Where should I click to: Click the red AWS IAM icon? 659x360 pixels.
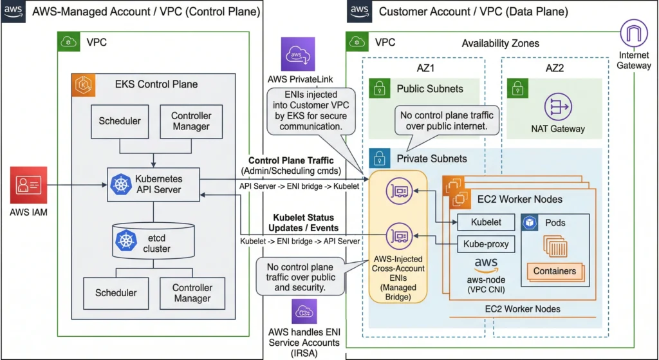[x=28, y=185]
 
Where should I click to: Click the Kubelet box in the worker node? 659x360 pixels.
[x=481, y=223]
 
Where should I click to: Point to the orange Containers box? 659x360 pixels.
[x=555, y=271]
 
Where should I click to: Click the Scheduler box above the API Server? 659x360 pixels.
[x=120, y=121]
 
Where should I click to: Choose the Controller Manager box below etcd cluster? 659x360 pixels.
[x=192, y=293]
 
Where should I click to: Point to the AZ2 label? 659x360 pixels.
[x=554, y=68]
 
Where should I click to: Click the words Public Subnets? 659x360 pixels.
[x=429, y=89]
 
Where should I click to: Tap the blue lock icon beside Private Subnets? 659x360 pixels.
[x=380, y=158]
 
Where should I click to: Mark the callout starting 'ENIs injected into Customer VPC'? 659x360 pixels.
[x=306, y=111]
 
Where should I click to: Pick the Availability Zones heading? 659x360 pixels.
[x=500, y=43]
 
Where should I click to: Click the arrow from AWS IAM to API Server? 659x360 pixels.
[x=77, y=185]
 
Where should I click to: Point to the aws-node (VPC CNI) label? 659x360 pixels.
[x=487, y=284]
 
